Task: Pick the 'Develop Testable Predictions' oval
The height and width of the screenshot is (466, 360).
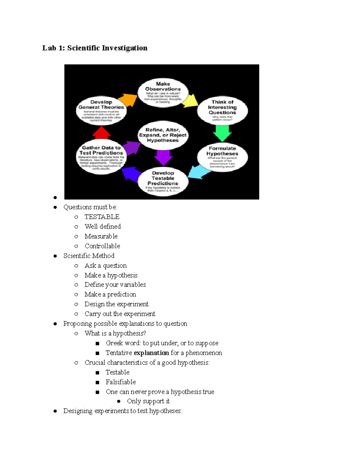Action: tap(163, 182)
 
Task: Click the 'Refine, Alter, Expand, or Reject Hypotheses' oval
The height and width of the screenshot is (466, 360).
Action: tap(163, 135)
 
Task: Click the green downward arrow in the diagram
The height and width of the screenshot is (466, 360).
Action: tap(222, 133)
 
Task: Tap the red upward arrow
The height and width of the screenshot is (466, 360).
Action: tap(102, 132)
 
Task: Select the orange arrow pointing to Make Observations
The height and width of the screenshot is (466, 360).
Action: tap(128, 100)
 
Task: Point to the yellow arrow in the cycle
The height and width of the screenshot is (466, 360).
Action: tap(190, 101)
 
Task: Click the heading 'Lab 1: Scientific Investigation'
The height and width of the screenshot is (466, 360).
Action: tap(95, 48)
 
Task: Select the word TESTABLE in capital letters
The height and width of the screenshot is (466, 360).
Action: tap(102, 217)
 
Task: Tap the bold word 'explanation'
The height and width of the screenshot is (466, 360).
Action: tap(151, 353)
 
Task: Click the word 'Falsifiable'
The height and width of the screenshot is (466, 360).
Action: tap(121, 382)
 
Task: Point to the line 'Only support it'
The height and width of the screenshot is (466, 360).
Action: tap(148, 401)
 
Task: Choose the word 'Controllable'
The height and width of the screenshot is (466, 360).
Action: tap(102, 246)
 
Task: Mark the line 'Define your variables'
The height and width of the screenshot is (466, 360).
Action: tap(115, 285)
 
